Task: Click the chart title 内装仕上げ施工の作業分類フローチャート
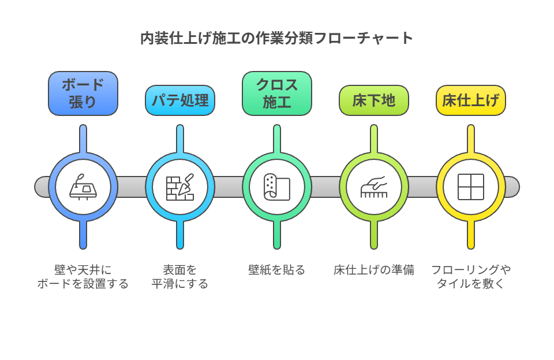point(277,39)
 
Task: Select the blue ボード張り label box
point(83,93)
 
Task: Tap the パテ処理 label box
point(180,100)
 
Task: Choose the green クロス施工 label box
point(277,93)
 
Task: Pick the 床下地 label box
point(374,100)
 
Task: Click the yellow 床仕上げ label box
point(471,100)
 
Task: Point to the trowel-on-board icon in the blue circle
point(83,187)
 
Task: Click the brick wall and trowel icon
point(180,187)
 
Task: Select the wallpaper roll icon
point(277,187)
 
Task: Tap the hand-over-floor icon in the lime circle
point(374,187)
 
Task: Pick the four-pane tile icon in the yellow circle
point(471,187)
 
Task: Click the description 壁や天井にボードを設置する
point(83,277)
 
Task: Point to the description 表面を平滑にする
point(180,277)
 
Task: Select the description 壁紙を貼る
point(277,270)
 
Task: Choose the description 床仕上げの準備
point(374,270)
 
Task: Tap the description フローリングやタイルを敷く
point(471,277)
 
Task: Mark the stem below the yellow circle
point(471,235)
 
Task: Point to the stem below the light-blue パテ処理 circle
point(180,235)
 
